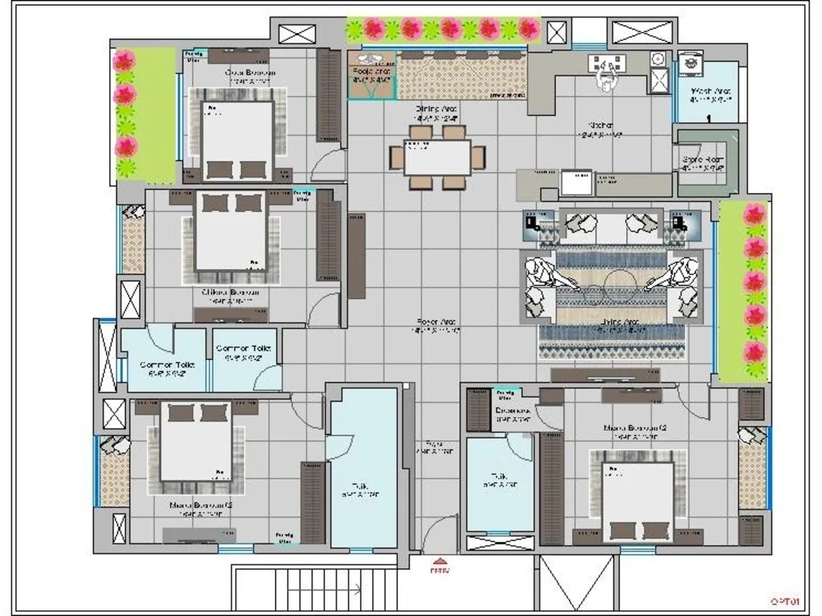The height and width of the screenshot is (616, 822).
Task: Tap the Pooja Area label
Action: coord(372,72)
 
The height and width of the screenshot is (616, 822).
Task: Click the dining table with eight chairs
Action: coord(436,157)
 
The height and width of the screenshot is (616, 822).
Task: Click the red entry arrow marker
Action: coord(436,565)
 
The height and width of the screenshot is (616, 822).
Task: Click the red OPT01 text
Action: coord(785,601)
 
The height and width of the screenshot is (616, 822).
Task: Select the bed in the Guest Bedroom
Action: coord(237,138)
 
